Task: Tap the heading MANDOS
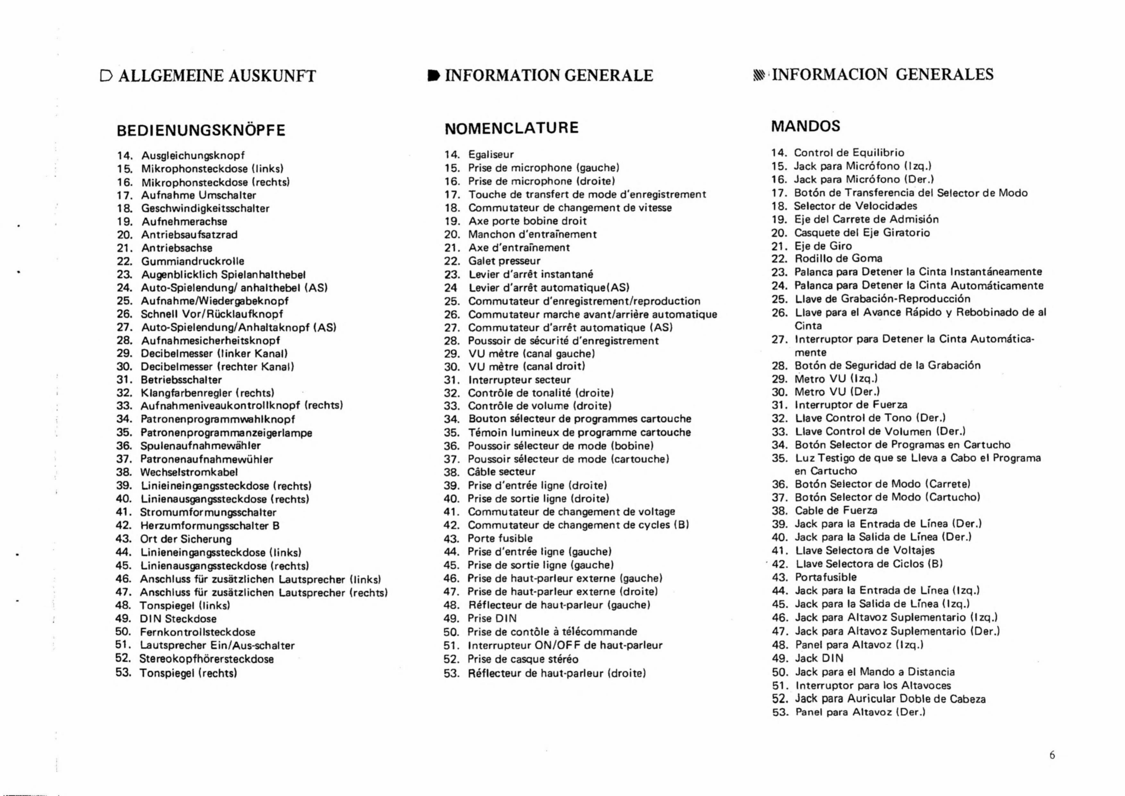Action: click(x=805, y=126)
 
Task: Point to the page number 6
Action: click(x=1052, y=755)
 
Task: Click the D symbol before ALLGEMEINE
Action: click(x=106, y=76)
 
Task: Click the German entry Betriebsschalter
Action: click(x=181, y=380)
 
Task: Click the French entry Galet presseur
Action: click(x=504, y=261)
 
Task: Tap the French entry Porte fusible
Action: click(x=500, y=538)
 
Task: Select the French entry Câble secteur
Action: click(x=501, y=472)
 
